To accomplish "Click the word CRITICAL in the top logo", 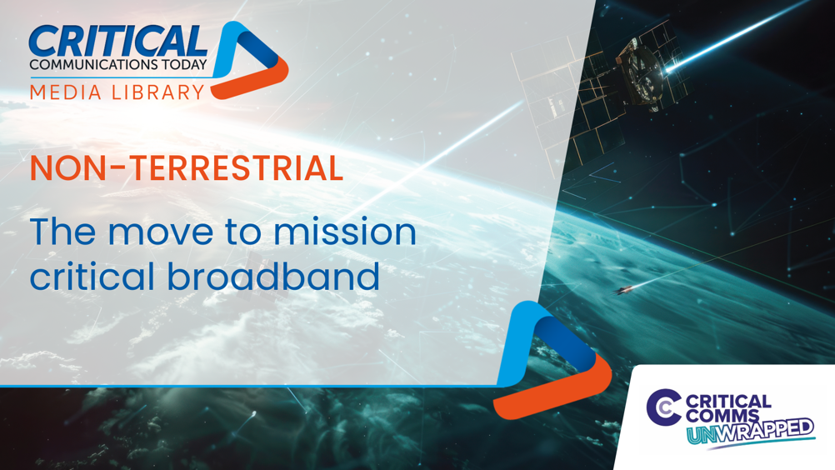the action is pyautogui.click(x=117, y=41).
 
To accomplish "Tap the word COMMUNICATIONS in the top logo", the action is pyautogui.click(x=88, y=64).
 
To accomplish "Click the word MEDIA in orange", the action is pyautogui.click(x=66, y=92).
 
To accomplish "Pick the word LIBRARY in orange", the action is pyautogui.click(x=158, y=92).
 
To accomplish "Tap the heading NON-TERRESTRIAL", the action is pyautogui.click(x=187, y=167).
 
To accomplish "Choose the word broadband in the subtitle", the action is pyautogui.click(x=273, y=276).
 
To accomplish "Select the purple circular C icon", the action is pyautogui.click(x=663, y=407).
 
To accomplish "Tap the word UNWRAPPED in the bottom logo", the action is pyautogui.click(x=751, y=431).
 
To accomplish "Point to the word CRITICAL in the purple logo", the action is pyautogui.click(x=728, y=402).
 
